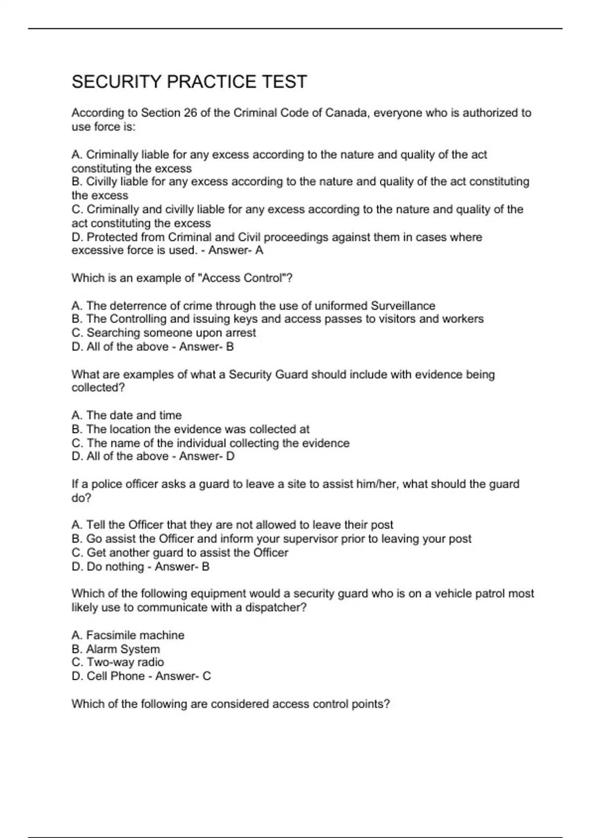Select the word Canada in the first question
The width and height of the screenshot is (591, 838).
click(347, 113)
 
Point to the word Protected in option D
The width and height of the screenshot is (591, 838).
click(112, 237)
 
